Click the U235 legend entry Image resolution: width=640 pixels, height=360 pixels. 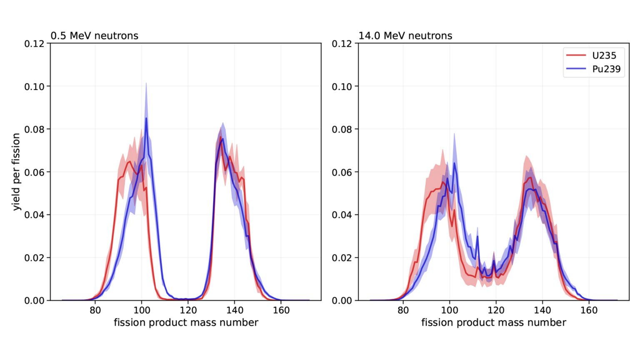click(x=604, y=55)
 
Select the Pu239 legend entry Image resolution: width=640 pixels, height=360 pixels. click(x=606, y=69)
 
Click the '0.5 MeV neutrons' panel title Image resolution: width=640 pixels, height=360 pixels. click(x=95, y=36)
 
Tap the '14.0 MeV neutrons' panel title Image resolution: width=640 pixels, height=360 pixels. click(x=405, y=36)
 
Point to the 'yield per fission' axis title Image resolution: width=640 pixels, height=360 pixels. click(x=16, y=172)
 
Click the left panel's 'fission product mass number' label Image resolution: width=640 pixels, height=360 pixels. click(x=186, y=322)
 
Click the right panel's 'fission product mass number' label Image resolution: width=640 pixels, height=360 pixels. click(x=494, y=322)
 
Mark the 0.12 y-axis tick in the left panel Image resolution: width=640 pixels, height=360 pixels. click(x=34, y=44)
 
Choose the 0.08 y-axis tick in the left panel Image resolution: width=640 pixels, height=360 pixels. click(x=34, y=129)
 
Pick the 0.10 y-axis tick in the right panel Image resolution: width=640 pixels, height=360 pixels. click(x=342, y=87)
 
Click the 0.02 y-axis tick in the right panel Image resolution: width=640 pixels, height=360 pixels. click(x=342, y=257)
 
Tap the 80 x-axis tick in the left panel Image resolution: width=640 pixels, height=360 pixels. click(x=95, y=310)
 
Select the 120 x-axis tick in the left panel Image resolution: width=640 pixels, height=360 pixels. click(x=188, y=310)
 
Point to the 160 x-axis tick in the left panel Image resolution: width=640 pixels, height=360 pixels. click(x=281, y=310)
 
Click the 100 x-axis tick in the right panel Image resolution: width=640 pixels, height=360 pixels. click(x=449, y=310)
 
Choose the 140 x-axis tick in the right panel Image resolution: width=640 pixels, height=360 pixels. click(x=542, y=310)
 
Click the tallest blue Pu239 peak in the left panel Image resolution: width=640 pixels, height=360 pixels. click(x=146, y=118)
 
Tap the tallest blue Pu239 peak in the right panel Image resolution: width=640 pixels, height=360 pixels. click(x=454, y=163)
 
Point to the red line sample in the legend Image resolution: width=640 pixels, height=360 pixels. click(x=576, y=55)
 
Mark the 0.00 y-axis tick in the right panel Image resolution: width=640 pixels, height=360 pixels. click(x=342, y=300)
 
